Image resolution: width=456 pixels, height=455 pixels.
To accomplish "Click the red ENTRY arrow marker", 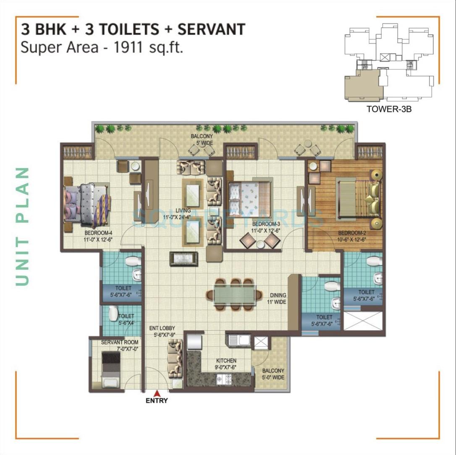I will (x=157, y=393).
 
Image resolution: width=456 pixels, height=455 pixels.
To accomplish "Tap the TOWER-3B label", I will (x=388, y=109).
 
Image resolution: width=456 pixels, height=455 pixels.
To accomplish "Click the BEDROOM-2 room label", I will (x=352, y=236).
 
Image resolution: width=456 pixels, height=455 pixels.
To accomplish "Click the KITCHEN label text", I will (x=226, y=363).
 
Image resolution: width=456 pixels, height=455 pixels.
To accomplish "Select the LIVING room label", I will (x=183, y=213).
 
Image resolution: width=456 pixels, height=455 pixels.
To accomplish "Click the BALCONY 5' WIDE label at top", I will (x=202, y=139).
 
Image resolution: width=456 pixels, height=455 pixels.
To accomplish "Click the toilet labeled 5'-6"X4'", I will (x=126, y=318).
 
